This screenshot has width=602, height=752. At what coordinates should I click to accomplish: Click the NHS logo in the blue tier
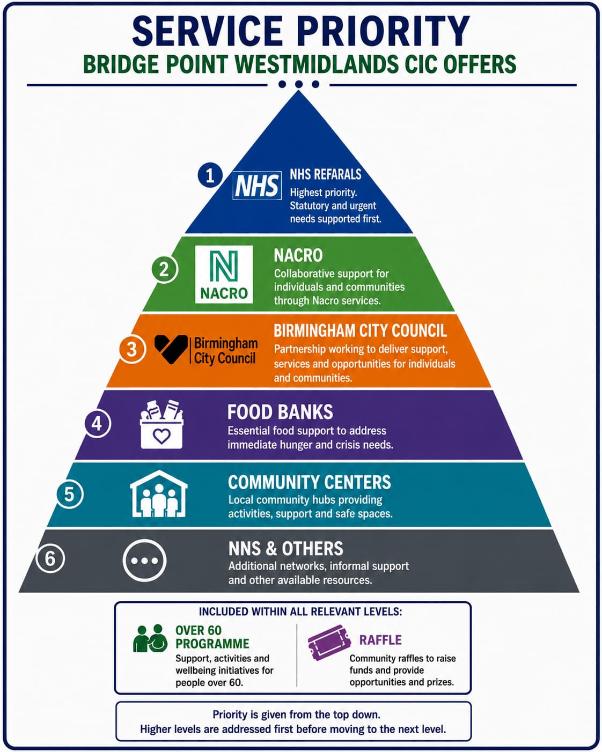click(x=257, y=185)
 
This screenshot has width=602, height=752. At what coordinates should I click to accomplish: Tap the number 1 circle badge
click(x=210, y=175)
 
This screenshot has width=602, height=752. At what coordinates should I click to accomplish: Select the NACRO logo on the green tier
click(x=224, y=274)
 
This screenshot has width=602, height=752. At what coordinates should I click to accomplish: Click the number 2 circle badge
click(x=164, y=269)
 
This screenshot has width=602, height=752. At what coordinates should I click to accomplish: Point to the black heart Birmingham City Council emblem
click(x=171, y=349)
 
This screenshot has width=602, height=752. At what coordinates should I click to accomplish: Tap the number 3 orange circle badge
click(x=132, y=349)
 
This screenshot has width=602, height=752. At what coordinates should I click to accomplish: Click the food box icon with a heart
click(x=161, y=424)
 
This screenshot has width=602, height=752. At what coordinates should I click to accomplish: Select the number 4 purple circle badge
click(x=98, y=424)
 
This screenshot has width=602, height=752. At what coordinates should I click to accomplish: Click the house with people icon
click(x=159, y=493)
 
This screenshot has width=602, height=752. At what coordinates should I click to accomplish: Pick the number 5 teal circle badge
click(x=70, y=495)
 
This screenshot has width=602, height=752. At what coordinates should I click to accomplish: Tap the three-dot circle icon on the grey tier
click(x=144, y=561)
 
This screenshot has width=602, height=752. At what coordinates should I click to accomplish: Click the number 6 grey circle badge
click(x=50, y=558)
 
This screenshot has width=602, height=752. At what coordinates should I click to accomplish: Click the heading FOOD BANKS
click(x=280, y=412)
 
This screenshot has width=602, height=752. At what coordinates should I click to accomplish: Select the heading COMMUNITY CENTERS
click(x=310, y=482)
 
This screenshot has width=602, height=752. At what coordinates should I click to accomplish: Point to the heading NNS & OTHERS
click(x=285, y=549)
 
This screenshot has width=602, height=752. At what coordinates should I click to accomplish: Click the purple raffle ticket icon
click(x=329, y=643)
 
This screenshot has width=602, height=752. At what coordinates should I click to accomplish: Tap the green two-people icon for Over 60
click(x=150, y=638)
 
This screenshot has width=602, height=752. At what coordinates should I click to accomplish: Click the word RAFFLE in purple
click(x=380, y=640)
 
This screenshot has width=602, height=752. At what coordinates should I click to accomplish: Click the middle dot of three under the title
click(x=298, y=84)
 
